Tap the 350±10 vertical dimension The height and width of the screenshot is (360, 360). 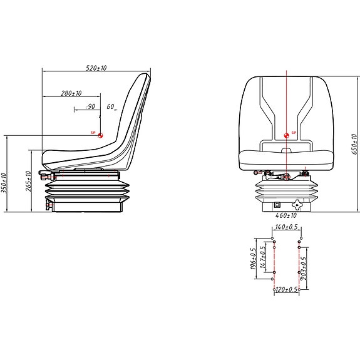(5, 183)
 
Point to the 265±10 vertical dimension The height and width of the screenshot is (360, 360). (29, 182)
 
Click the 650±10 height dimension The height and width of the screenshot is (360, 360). (354, 143)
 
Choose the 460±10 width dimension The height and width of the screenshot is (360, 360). (286, 215)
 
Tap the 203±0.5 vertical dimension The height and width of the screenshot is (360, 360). (304, 268)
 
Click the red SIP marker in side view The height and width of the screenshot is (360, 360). (100, 135)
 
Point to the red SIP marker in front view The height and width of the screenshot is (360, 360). (287, 135)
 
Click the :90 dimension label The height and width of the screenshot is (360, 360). (89, 107)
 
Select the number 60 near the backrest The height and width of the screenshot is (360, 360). (110, 107)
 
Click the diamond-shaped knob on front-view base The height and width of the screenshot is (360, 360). (297, 204)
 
